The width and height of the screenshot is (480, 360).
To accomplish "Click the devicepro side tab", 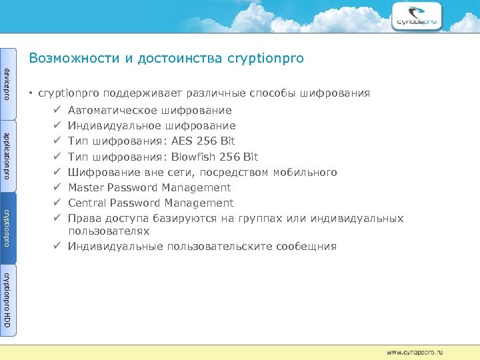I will tap(7, 83).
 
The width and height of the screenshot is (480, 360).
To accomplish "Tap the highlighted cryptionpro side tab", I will tap(7, 227).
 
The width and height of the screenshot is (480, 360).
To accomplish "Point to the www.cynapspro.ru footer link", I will tap(415, 351).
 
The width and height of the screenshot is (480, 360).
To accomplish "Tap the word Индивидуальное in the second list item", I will tap(111, 126).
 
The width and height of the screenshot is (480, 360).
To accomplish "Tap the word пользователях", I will tap(109, 231).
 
